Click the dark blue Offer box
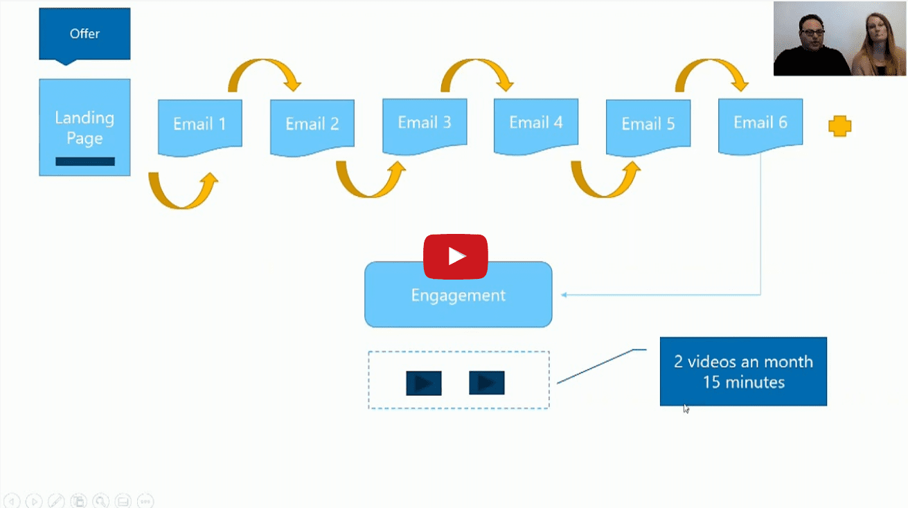click(x=84, y=34)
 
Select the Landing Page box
click(x=84, y=127)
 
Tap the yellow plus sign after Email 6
click(x=840, y=127)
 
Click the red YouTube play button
click(x=456, y=257)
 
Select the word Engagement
click(x=458, y=296)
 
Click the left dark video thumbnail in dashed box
click(x=424, y=383)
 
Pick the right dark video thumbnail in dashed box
click(x=487, y=383)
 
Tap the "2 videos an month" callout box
click(x=743, y=372)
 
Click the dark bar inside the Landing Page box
click(x=85, y=162)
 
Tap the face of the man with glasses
click(x=812, y=32)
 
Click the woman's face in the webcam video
click(x=878, y=32)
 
